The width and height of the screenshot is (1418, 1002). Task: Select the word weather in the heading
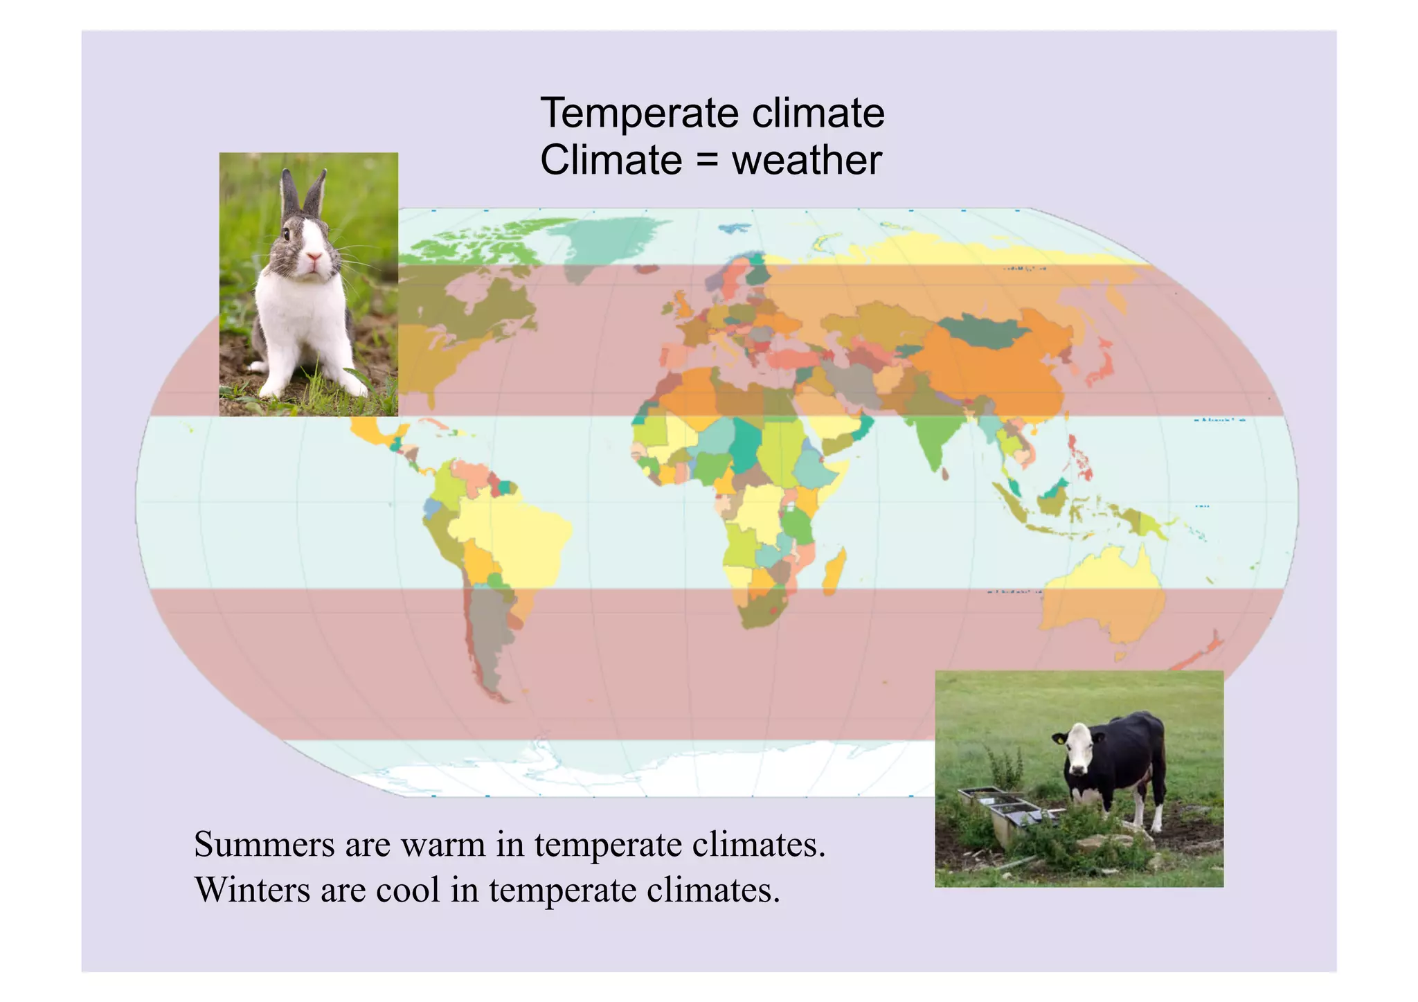click(x=807, y=161)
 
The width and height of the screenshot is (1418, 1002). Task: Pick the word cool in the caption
click(x=408, y=890)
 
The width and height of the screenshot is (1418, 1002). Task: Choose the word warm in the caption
click(x=443, y=845)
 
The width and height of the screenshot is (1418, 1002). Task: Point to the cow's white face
click(x=1077, y=751)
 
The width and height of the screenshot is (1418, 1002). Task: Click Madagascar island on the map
click(x=835, y=572)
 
